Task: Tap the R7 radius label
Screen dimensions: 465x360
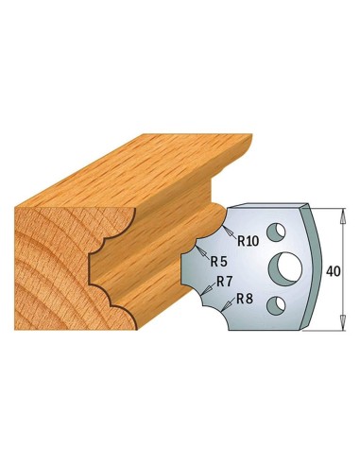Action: click(x=224, y=282)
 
